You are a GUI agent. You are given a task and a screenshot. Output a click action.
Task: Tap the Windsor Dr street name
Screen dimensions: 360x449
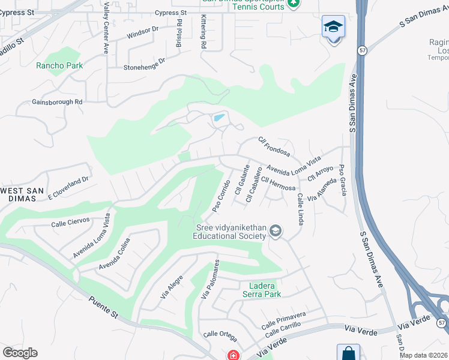(142, 32)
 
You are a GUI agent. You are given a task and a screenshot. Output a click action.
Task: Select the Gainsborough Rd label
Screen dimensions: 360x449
(57, 102)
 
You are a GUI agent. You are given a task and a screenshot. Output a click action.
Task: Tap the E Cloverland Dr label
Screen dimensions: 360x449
(68, 187)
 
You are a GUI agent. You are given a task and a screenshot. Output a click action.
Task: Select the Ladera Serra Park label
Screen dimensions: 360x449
(261, 290)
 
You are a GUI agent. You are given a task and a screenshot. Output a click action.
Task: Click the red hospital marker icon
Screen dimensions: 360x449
(233, 355)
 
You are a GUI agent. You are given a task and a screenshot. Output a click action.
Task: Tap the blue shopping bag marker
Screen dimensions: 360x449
(348, 353)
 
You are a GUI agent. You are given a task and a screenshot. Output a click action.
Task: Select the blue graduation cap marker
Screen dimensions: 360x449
(333, 28)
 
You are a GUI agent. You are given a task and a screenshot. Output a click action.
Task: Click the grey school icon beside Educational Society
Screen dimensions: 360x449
(276, 231)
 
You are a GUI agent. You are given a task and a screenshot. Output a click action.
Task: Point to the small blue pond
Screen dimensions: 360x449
(219, 118)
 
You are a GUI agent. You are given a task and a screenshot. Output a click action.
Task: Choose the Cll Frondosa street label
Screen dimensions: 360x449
(274, 146)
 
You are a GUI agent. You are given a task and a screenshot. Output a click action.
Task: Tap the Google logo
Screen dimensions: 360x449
(20, 352)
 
